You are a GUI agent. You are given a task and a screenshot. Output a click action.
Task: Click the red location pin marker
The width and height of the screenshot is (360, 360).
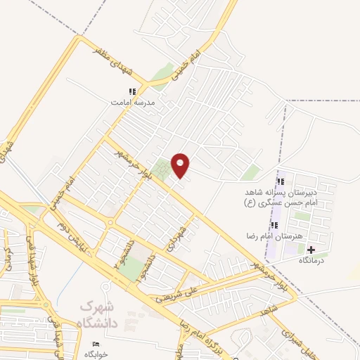pyautogui.click(x=181, y=165)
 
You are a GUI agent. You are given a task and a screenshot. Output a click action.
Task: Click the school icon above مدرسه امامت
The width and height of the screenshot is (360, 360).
pyautogui.click(x=131, y=91)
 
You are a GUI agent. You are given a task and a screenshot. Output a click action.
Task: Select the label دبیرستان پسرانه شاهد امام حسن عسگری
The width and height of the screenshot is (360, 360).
pyautogui.click(x=281, y=197)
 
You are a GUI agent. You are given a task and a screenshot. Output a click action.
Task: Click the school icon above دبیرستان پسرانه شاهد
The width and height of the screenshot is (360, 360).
pyautogui.click(x=281, y=182)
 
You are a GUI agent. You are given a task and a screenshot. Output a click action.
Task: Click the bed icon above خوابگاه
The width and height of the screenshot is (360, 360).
pyautogui.click(x=96, y=343)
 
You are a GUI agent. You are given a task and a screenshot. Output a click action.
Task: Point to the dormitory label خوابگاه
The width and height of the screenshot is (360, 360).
pyautogui.click(x=96, y=354)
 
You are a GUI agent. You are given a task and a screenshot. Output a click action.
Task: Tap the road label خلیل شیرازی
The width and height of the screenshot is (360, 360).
pyautogui.click(x=299, y=341)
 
